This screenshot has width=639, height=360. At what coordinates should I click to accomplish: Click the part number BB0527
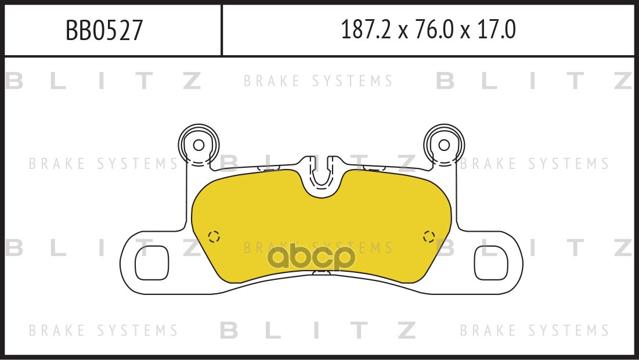(x=104, y=30)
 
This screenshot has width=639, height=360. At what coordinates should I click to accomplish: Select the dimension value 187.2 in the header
(x=366, y=30)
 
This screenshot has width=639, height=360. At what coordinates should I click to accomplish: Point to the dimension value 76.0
(x=434, y=30)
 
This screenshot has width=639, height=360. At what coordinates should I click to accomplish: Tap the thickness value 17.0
(x=496, y=30)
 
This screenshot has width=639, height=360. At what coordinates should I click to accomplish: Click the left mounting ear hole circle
(x=198, y=145)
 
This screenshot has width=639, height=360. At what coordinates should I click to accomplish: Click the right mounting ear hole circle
(x=444, y=145)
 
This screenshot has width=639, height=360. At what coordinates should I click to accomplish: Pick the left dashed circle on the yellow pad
(x=214, y=236)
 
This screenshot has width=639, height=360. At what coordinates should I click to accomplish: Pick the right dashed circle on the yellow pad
(x=429, y=236)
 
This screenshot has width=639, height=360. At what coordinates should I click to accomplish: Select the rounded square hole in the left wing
(x=151, y=263)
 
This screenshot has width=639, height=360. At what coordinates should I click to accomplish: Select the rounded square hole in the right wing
(x=492, y=263)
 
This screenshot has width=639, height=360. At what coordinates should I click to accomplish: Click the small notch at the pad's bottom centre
(x=322, y=272)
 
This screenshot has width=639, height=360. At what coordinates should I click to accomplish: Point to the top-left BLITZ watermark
(x=103, y=81)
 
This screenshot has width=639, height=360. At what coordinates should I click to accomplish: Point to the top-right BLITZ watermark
(x=535, y=81)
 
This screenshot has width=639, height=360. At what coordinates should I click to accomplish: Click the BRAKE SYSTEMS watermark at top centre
(x=318, y=81)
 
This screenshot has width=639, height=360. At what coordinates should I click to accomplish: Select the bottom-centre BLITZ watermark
(x=318, y=330)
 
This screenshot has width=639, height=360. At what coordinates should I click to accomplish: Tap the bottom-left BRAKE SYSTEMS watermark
(x=103, y=330)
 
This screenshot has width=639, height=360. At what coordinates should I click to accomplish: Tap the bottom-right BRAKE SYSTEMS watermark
(x=535, y=330)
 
